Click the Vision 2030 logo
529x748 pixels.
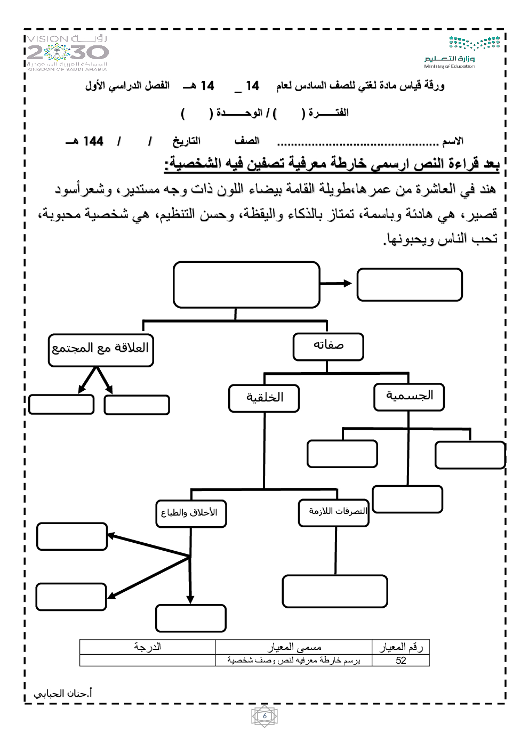pos(68,52)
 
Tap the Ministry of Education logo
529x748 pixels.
pos(462,52)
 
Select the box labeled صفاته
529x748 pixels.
pos(328,347)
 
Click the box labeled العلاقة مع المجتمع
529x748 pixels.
pos(101,350)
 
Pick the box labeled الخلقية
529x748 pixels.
pos(264,398)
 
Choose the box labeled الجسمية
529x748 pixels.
pos(409,397)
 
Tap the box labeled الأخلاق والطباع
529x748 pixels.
pos(191,513)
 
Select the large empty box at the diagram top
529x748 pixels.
pos(246,284)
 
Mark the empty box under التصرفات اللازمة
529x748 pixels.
pos(334,591)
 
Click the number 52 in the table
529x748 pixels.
pos(400,661)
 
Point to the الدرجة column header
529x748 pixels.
pos(147,647)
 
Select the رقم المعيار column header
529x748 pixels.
pos(400,647)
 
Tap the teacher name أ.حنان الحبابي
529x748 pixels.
pos(63,694)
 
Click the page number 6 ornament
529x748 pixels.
pos(264,717)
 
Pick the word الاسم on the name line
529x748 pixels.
pos(452,141)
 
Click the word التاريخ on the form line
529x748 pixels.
pos(186,141)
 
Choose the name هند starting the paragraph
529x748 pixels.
pos(485,189)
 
